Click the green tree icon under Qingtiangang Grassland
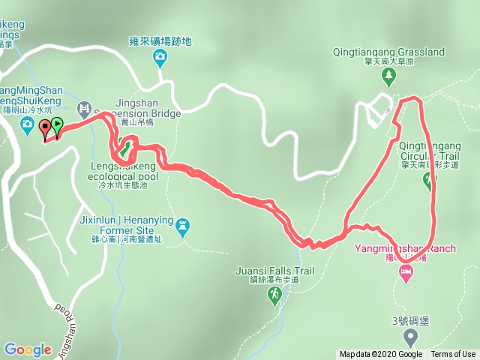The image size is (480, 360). (x=388, y=75)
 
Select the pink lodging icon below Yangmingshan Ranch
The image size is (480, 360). (x=406, y=274)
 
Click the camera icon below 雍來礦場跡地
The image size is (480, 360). (x=160, y=57)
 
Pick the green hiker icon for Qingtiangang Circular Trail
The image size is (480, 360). (x=430, y=179)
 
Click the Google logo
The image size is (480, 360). (x=27, y=349)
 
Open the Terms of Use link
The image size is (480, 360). (x=453, y=355)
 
